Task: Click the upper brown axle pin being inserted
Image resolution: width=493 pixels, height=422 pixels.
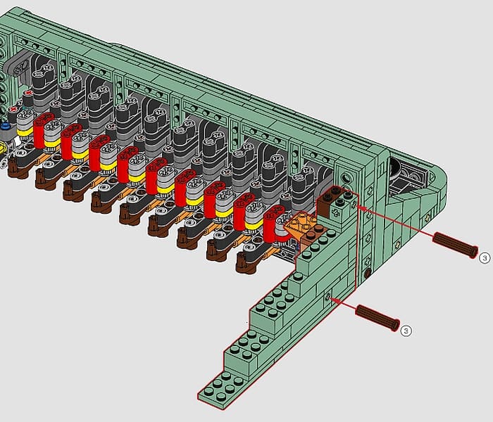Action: click(x=455, y=245)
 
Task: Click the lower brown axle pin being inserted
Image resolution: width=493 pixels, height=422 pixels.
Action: click(x=377, y=317)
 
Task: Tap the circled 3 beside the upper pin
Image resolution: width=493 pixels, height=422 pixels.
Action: click(x=485, y=258)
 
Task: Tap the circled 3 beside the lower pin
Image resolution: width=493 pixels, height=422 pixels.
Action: click(x=406, y=331)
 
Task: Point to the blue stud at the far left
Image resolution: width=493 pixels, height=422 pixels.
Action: click(x=5, y=126)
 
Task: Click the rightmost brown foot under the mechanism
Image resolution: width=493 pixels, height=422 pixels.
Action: click(x=246, y=264)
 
